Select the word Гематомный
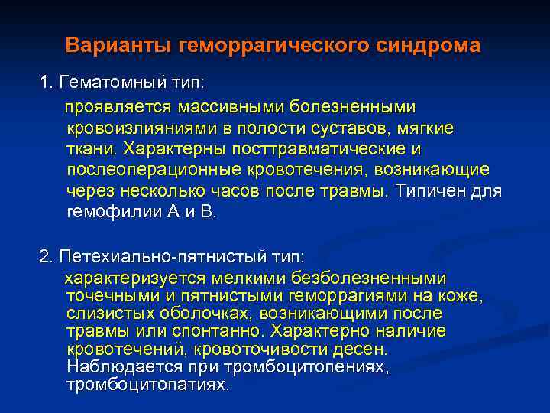(x=102, y=81)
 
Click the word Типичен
(x=430, y=190)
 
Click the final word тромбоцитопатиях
(x=147, y=385)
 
